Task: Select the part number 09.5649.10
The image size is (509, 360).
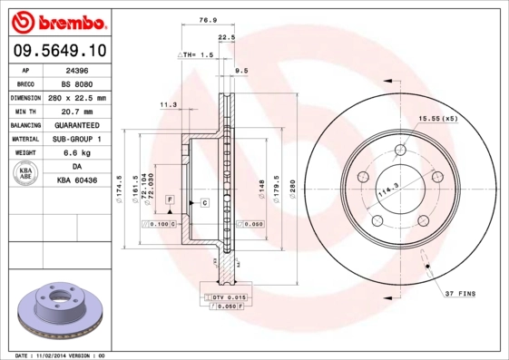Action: (61, 52)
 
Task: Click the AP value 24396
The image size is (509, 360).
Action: (77, 69)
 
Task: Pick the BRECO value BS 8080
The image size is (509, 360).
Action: (77, 83)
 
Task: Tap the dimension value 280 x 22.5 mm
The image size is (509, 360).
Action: (77, 97)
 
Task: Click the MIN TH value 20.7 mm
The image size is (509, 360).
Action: (77, 111)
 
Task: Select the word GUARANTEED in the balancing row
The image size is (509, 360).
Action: (77, 125)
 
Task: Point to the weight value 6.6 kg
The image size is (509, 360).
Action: (77, 153)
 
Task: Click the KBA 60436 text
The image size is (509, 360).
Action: (77, 181)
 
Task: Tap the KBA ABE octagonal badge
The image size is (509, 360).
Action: (26, 174)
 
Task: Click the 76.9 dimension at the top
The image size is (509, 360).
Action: (207, 19)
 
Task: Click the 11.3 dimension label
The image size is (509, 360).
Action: (168, 105)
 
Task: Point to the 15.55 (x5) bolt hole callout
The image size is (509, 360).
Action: (436, 119)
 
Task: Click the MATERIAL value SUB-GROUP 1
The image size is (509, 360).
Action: (77, 139)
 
